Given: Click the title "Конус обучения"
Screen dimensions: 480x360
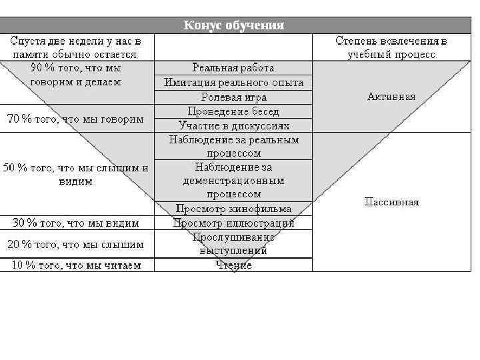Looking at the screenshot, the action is point(233,25).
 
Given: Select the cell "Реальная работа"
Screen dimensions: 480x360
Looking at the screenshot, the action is point(233,68).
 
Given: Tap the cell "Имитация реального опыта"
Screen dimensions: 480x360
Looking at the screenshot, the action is point(233,83).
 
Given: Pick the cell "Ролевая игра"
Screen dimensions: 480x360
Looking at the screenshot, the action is point(233,97).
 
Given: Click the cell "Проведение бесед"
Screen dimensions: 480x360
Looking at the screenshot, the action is point(233,111).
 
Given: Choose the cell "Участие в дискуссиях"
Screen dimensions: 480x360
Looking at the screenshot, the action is point(233,125).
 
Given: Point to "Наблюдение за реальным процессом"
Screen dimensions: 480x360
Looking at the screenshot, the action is point(233,147).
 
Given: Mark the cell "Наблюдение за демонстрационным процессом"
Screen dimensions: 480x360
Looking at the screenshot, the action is point(233,180).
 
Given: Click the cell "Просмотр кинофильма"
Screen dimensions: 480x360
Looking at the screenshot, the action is point(233,209).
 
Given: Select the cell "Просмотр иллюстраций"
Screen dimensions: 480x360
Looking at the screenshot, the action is point(233,223).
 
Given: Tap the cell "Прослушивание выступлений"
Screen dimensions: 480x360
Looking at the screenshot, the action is point(233,244).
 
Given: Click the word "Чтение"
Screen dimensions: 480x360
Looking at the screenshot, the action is point(233,265).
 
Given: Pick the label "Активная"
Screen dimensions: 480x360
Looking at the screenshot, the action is point(391,97).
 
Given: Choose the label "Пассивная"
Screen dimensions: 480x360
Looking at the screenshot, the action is point(391,202).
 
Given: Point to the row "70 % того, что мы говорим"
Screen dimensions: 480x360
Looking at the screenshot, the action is point(75,119).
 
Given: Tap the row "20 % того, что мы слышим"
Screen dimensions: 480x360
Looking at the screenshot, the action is point(75,245).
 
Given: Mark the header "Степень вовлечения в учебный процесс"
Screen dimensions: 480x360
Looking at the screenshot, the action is point(391,47).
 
